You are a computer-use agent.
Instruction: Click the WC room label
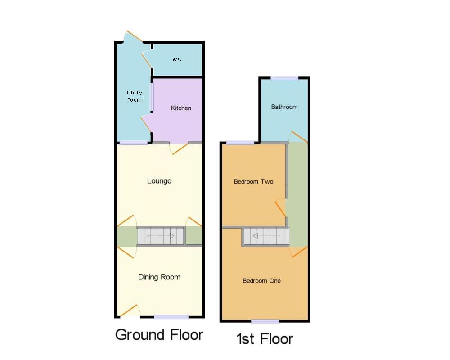point(177,59)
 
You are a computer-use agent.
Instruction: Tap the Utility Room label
point(134,96)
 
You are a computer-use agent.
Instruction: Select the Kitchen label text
point(181,108)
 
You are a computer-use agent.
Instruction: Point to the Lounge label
point(159,181)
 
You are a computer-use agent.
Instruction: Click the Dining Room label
point(159,277)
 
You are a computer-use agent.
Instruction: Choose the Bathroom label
point(284,107)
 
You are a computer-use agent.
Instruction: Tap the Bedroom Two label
point(253,182)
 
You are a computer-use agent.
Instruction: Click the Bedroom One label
point(261,281)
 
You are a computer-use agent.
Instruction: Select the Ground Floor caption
point(159,335)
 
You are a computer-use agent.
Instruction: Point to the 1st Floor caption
point(265,338)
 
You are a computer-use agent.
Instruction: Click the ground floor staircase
point(161,236)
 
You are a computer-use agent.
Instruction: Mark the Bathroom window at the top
point(284,78)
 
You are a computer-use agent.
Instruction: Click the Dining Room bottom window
point(171,317)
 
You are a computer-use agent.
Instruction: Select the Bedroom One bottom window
point(265,321)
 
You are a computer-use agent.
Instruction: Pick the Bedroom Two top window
point(240,143)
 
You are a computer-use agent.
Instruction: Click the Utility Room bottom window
point(133,143)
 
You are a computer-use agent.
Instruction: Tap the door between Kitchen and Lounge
point(179,148)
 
